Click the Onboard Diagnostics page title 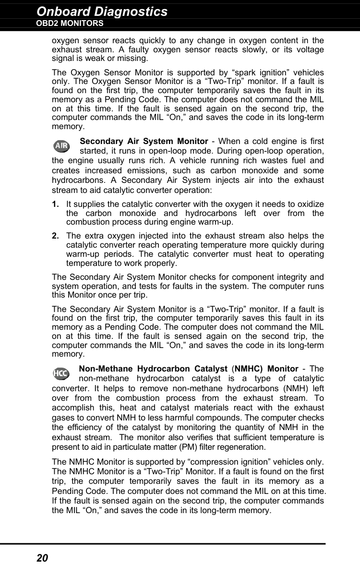coord(102,12)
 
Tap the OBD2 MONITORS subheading coord(70,23)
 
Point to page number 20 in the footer coord(42,558)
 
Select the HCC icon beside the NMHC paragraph coord(60,373)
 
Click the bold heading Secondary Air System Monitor coord(144,141)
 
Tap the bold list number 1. coord(56,205)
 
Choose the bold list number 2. coord(56,236)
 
